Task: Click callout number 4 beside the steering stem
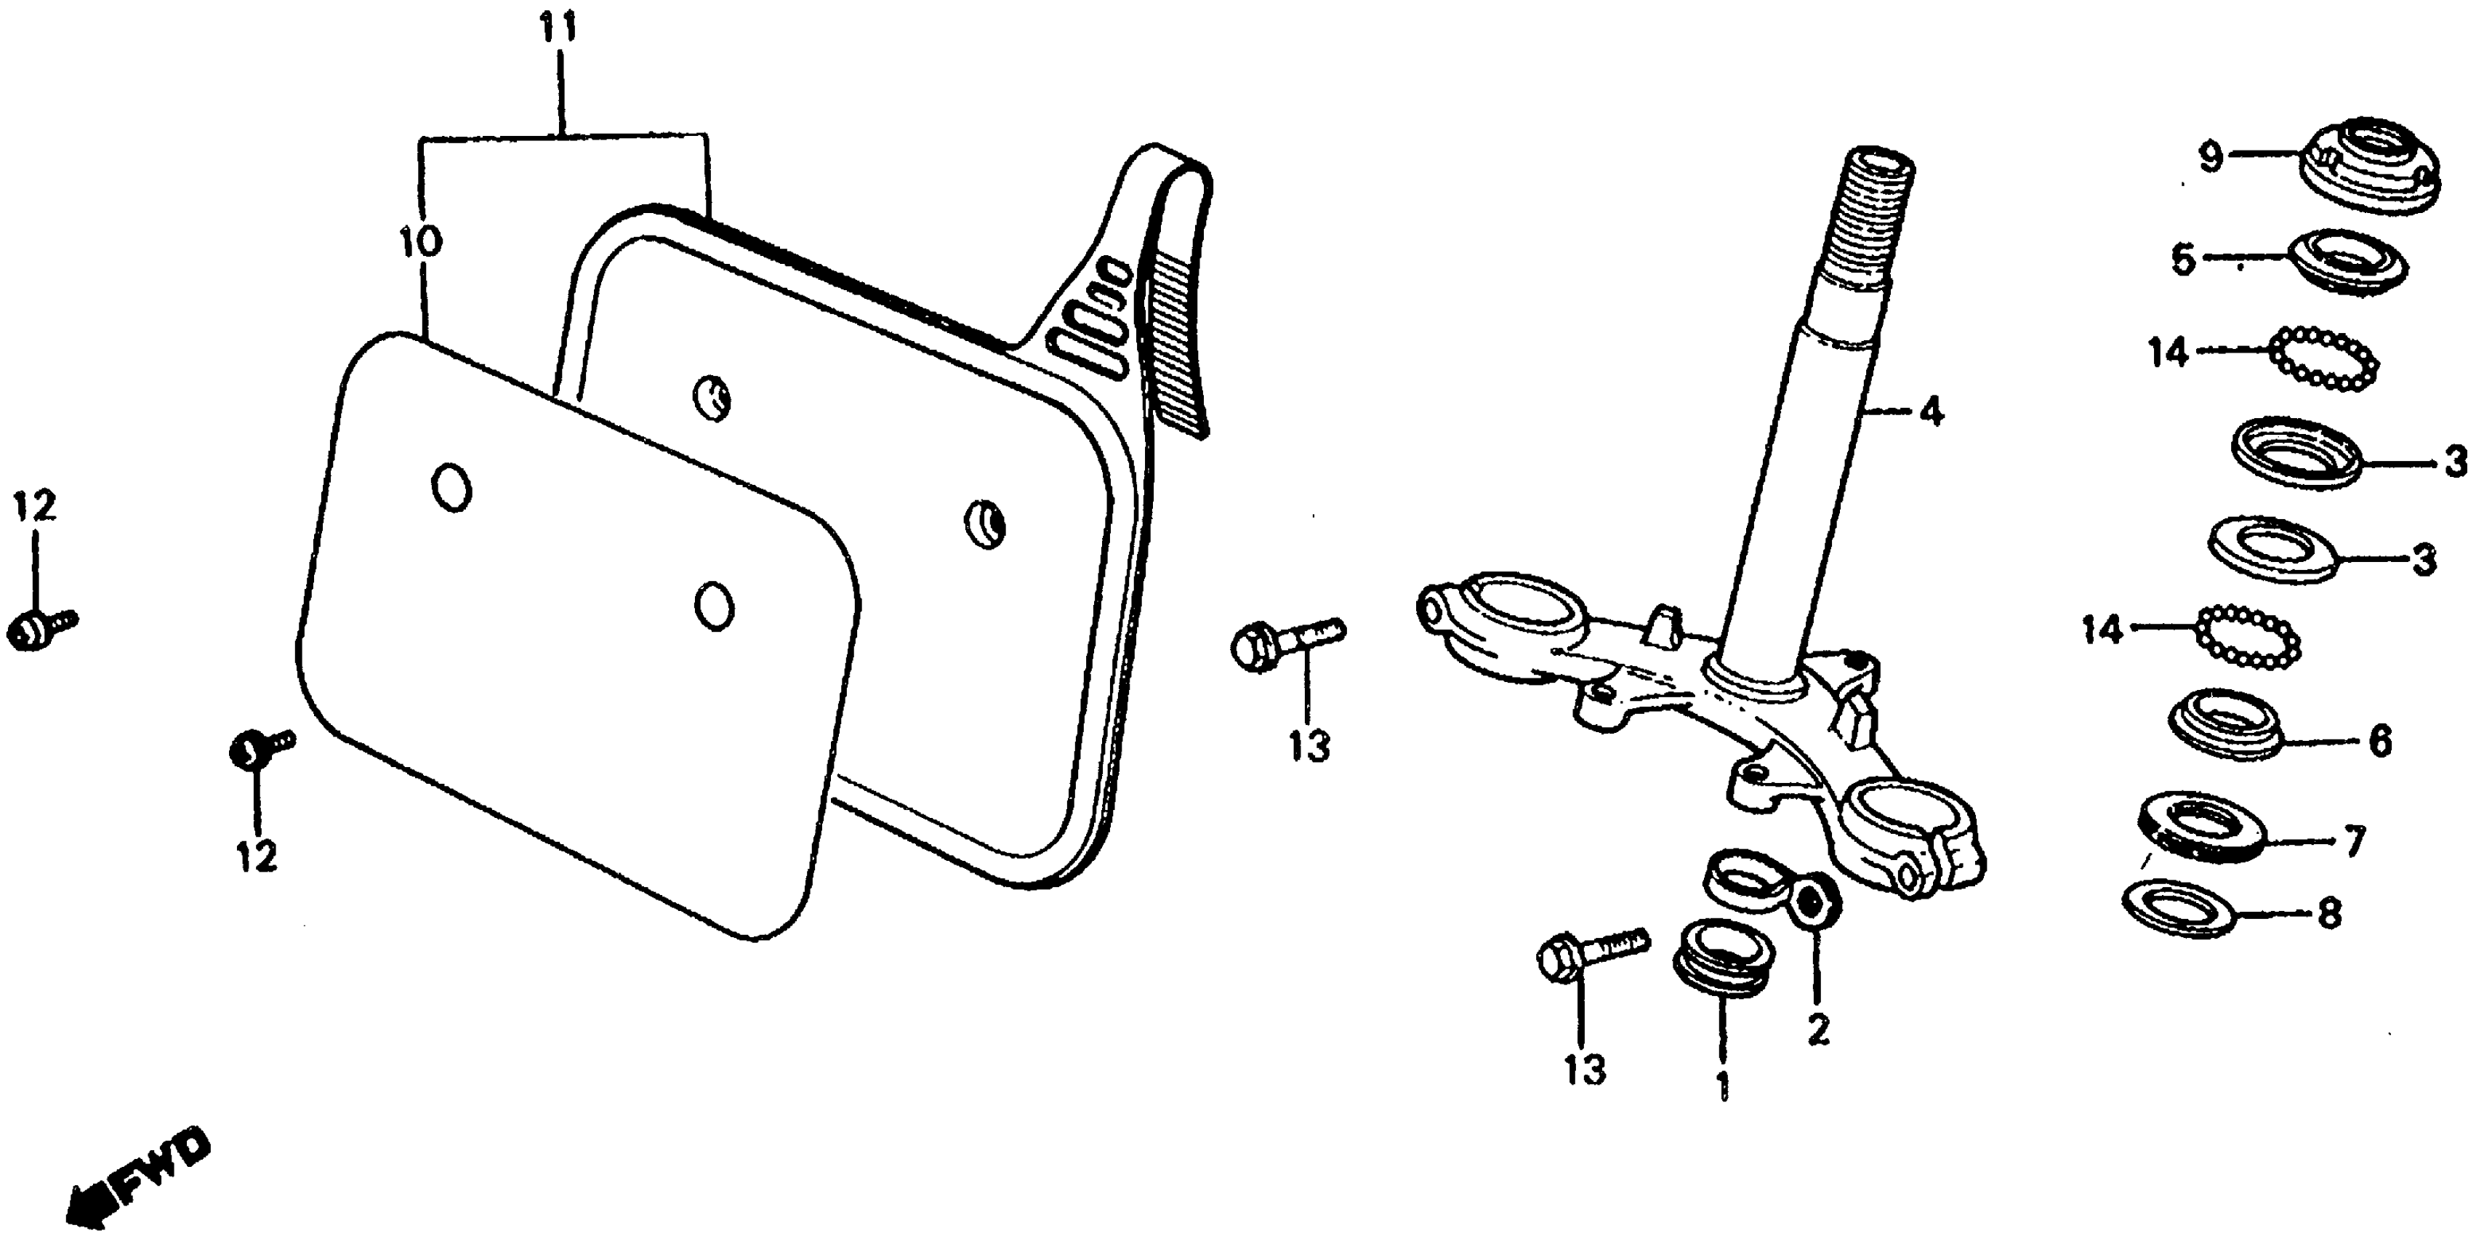click(x=1931, y=413)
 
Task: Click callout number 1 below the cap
click(x=1723, y=1085)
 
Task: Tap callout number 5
click(x=2183, y=260)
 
